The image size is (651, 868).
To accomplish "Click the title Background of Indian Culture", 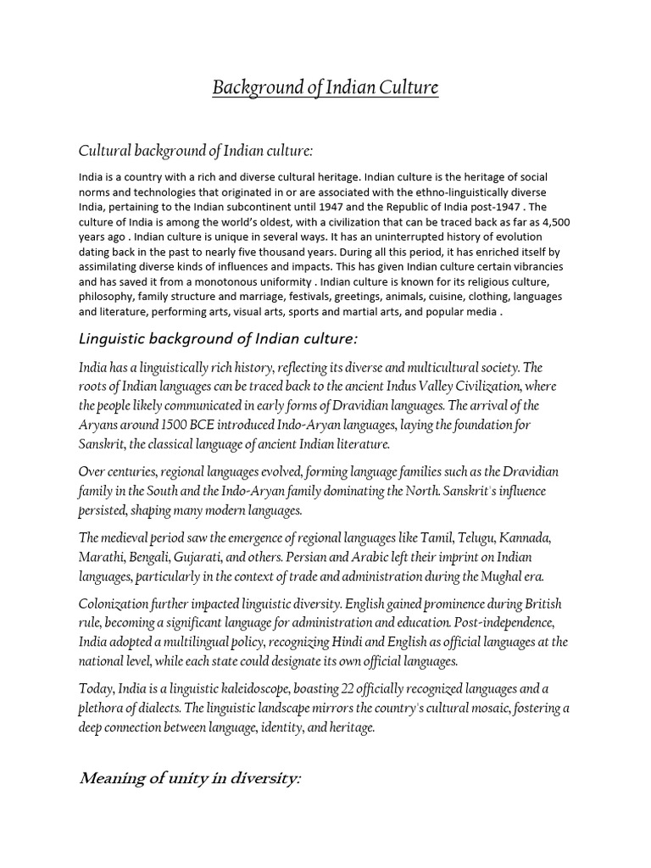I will pos(325,87).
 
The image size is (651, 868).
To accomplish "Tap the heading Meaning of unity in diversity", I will pos(191,778).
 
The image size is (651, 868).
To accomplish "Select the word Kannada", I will pos(526,537).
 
